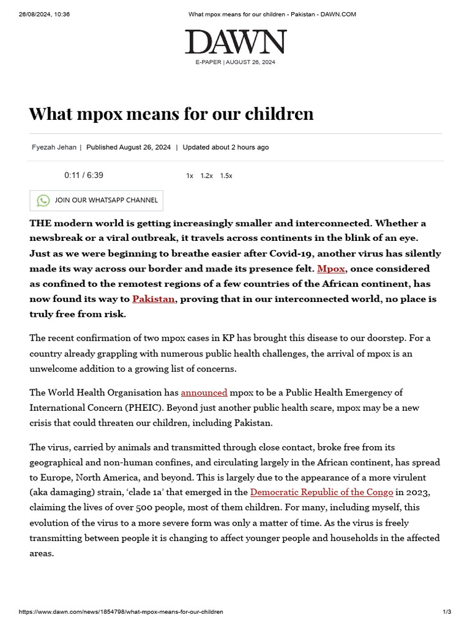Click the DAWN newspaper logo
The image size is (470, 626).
tap(236, 42)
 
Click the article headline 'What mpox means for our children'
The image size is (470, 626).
tap(171, 113)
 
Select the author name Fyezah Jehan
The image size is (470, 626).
tap(53, 147)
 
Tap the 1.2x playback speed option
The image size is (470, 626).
tap(207, 175)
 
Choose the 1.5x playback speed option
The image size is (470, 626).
tap(226, 175)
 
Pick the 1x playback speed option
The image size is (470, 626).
tap(190, 175)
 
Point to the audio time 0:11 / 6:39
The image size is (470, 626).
tap(84, 175)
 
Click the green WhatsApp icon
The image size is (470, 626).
tap(43, 201)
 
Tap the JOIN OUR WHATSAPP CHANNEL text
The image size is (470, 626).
tap(106, 200)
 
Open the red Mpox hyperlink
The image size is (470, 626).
tap(330, 268)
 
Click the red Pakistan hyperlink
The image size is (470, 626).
tap(154, 299)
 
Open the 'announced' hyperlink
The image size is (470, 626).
tap(204, 392)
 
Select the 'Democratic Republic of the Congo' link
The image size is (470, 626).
tap(321, 492)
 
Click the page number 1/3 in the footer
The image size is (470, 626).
tap(447, 612)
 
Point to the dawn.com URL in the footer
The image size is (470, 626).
tap(121, 612)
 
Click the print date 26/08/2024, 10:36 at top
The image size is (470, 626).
tap(44, 14)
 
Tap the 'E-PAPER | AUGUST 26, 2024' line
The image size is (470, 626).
tap(236, 62)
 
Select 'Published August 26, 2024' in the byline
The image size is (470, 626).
tap(129, 147)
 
